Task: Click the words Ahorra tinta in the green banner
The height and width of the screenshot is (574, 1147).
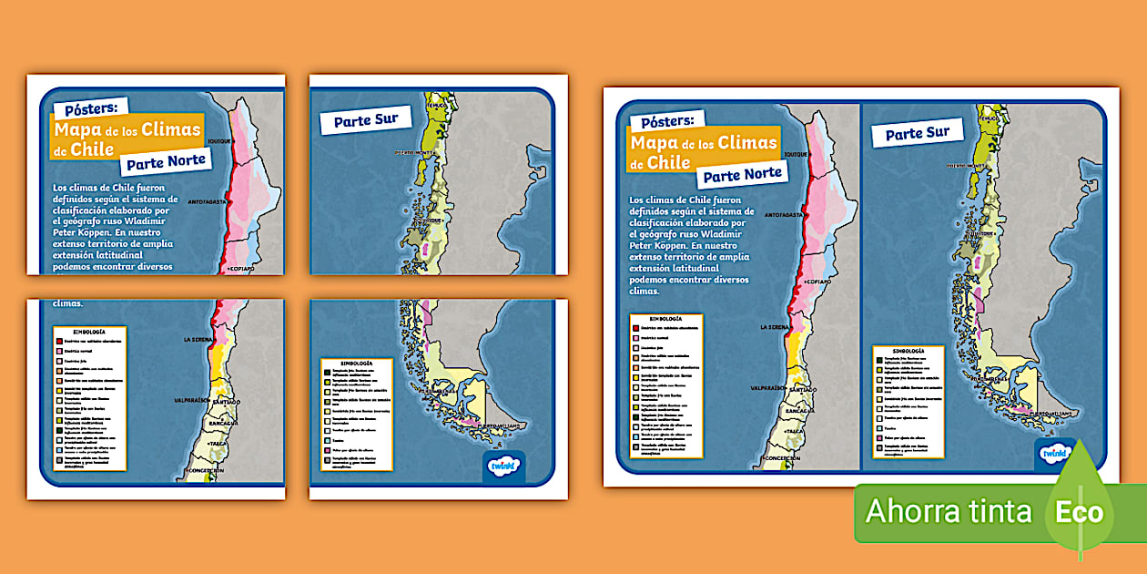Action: [x=949, y=511]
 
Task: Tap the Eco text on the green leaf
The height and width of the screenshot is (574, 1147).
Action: [x=1079, y=511]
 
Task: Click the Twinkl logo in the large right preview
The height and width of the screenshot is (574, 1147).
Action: [x=1054, y=453]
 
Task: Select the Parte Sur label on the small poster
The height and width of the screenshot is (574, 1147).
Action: [x=365, y=120]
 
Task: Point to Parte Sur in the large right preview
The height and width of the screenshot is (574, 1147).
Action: [x=918, y=133]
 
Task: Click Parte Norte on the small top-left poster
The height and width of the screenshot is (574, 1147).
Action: [x=165, y=163]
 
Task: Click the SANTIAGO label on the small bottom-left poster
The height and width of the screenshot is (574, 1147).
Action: [x=226, y=401]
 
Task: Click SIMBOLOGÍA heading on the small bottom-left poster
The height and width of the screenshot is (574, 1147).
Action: [x=86, y=332]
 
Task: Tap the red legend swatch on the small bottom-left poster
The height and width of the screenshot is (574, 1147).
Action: [x=59, y=342]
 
